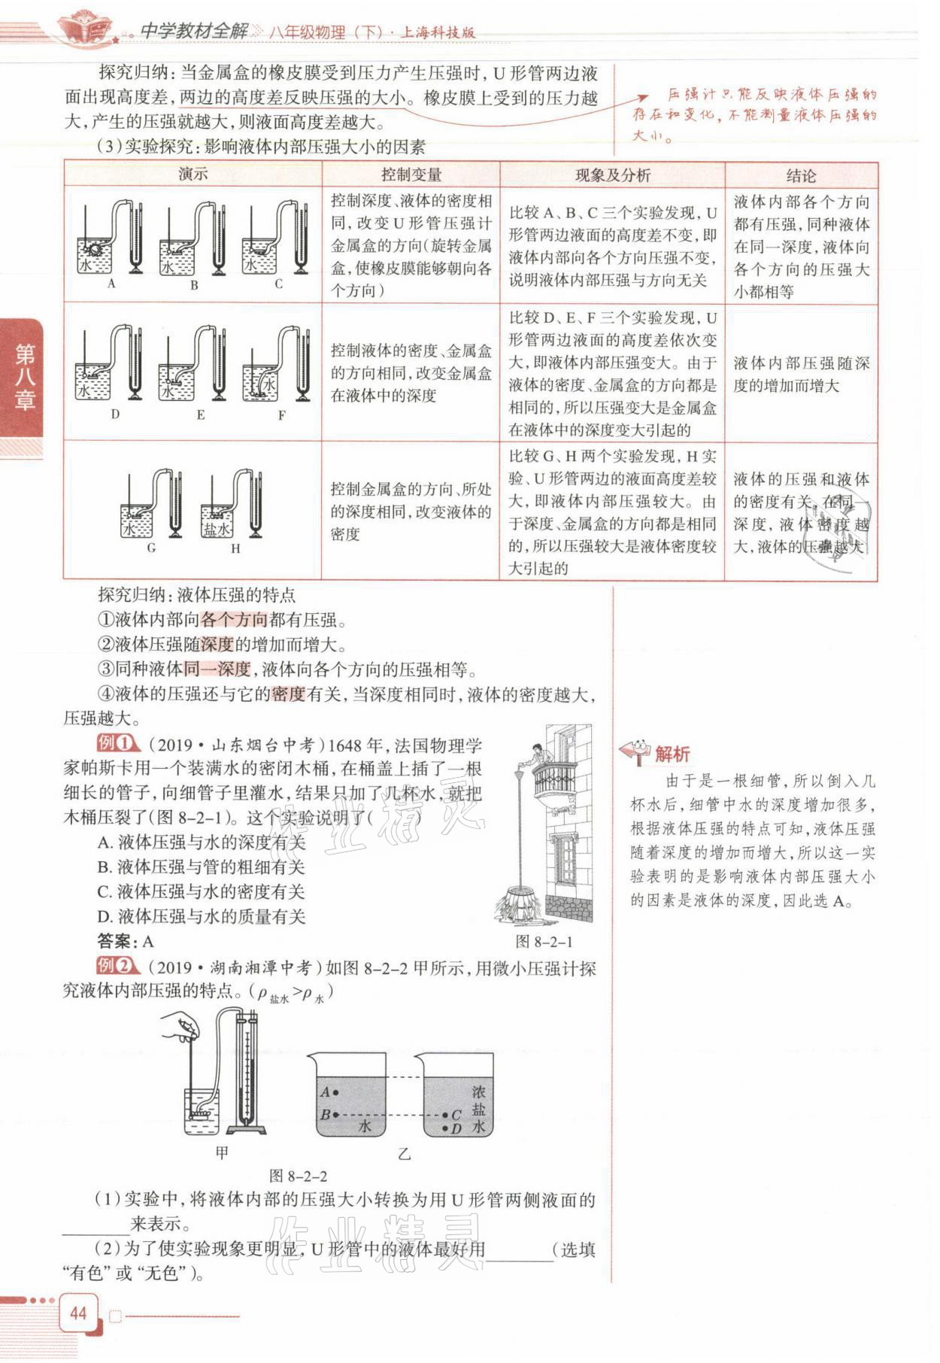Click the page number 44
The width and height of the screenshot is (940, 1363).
pos(78,1313)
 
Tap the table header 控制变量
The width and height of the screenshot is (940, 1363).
pos(411,175)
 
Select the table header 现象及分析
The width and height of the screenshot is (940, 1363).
pos(612,175)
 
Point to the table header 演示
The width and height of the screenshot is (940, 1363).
pos(193,175)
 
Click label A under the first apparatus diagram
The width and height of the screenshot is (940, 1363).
pos(111,284)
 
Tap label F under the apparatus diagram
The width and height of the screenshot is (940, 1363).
pos(281,415)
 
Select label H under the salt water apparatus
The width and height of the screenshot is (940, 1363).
pos(235,548)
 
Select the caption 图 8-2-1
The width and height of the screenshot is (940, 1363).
pos(544,941)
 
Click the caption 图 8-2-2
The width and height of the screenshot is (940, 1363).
pos(298,1176)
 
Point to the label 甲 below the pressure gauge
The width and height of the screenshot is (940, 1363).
pos(222,1152)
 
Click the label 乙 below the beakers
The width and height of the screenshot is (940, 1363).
pos(405,1153)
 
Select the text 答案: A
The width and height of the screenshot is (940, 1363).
pos(125,940)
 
